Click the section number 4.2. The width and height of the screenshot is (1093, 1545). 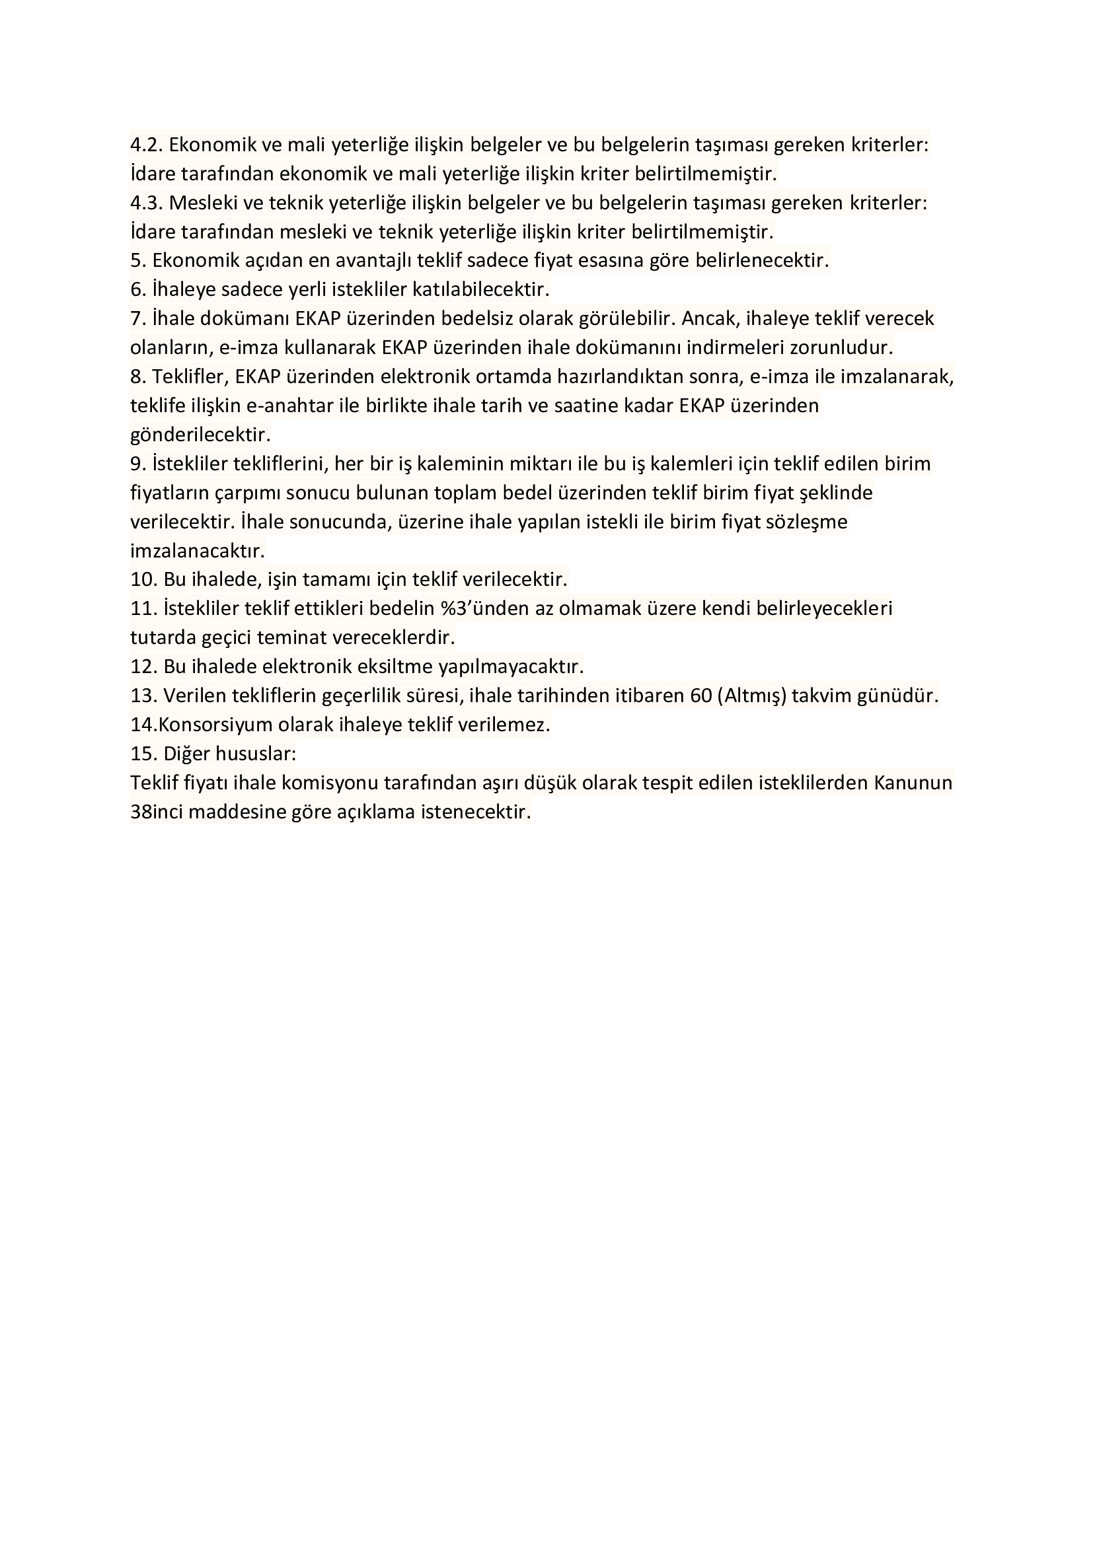[146, 145]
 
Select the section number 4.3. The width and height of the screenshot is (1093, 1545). [146, 203]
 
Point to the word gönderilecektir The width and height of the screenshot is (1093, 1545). [200, 435]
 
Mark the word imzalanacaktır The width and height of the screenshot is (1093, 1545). [197, 551]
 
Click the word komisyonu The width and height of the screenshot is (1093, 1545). [331, 783]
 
